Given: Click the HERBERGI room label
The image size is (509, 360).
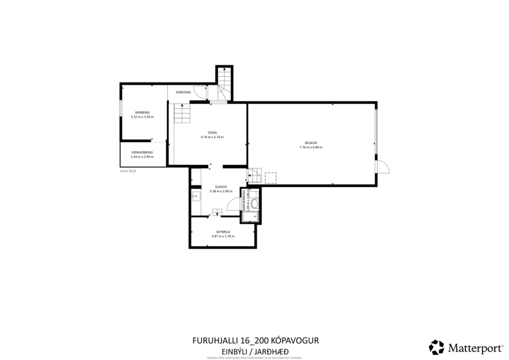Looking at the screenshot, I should [x=142, y=112].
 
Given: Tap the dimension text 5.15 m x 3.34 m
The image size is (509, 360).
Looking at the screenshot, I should [x=142, y=117].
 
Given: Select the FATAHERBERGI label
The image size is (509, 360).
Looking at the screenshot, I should [x=142, y=152].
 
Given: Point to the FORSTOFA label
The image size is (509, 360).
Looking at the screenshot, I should [x=183, y=92].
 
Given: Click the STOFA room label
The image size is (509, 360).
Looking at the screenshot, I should [x=212, y=132].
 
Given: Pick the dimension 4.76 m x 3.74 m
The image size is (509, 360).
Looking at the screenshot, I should [x=212, y=137].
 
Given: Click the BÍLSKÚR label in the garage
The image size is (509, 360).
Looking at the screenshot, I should [x=311, y=143].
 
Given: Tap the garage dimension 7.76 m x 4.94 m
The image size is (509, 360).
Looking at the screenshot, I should [x=311, y=147].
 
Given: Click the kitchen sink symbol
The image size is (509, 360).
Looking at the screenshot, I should [x=195, y=196].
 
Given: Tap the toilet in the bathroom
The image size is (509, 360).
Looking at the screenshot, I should [x=253, y=205].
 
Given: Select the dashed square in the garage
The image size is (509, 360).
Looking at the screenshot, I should [x=270, y=177].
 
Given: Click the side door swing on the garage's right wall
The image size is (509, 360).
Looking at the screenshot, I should [x=382, y=167].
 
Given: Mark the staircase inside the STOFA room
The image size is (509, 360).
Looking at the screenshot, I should [x=182, y=113].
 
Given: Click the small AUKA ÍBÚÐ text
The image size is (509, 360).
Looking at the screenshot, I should [x=128, y=171].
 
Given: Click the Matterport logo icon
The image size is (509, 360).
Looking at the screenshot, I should [x=436, y=347].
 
